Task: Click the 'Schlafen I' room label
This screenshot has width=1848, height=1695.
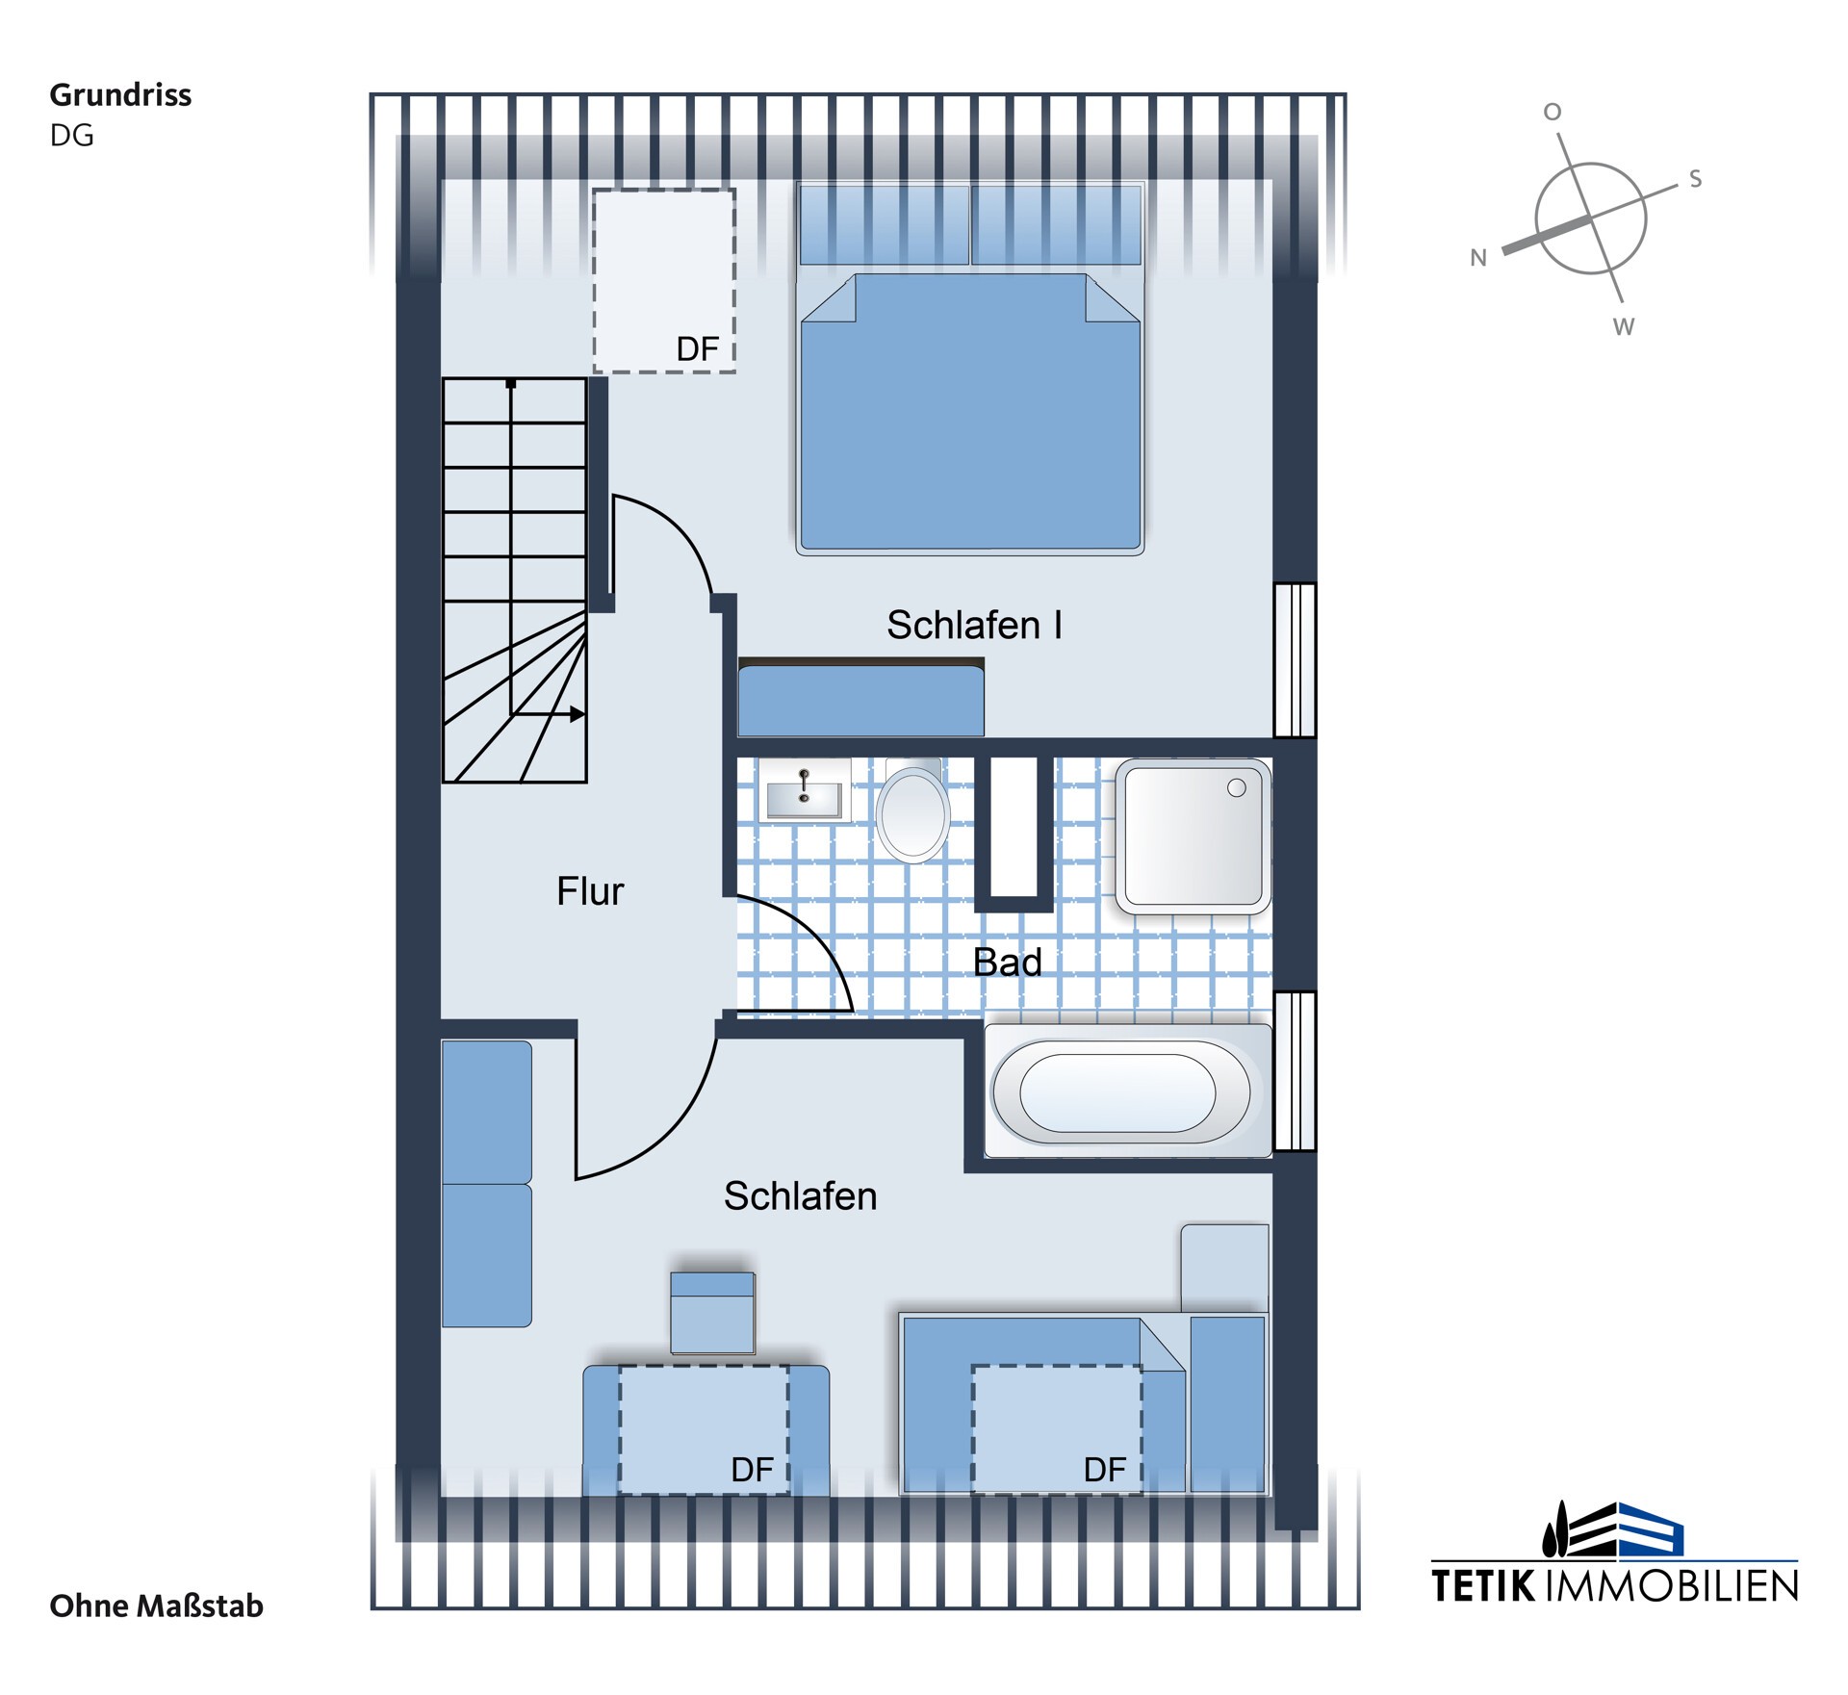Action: (x=974, y=626)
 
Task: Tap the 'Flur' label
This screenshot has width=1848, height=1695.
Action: (x=590, y=892)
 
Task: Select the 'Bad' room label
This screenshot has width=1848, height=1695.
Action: (x=1007, y=963)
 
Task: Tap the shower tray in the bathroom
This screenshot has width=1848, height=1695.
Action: (x=1193, y=835)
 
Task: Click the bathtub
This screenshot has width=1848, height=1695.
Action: (x=1127, y=1091)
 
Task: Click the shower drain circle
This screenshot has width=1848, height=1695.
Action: (x=1237, y=788)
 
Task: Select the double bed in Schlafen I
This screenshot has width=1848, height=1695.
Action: (x=970, y=369)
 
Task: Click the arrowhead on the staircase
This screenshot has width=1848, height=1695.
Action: (x=577, y=714)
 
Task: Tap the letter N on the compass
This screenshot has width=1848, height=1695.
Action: (x=1478, y=258)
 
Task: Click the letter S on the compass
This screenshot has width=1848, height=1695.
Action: (x=1696, y=179)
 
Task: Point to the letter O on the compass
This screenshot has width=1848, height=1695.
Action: (x=1553, y=113)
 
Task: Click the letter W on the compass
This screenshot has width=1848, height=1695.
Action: (x=1624, y=327)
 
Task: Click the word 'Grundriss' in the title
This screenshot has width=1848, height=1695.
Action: (x=120, y=95)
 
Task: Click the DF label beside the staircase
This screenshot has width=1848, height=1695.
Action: (x=698, y=349)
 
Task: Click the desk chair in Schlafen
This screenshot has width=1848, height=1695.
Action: (x=712, y=1313)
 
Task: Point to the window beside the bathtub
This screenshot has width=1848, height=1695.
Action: (x=1296, y=1071)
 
